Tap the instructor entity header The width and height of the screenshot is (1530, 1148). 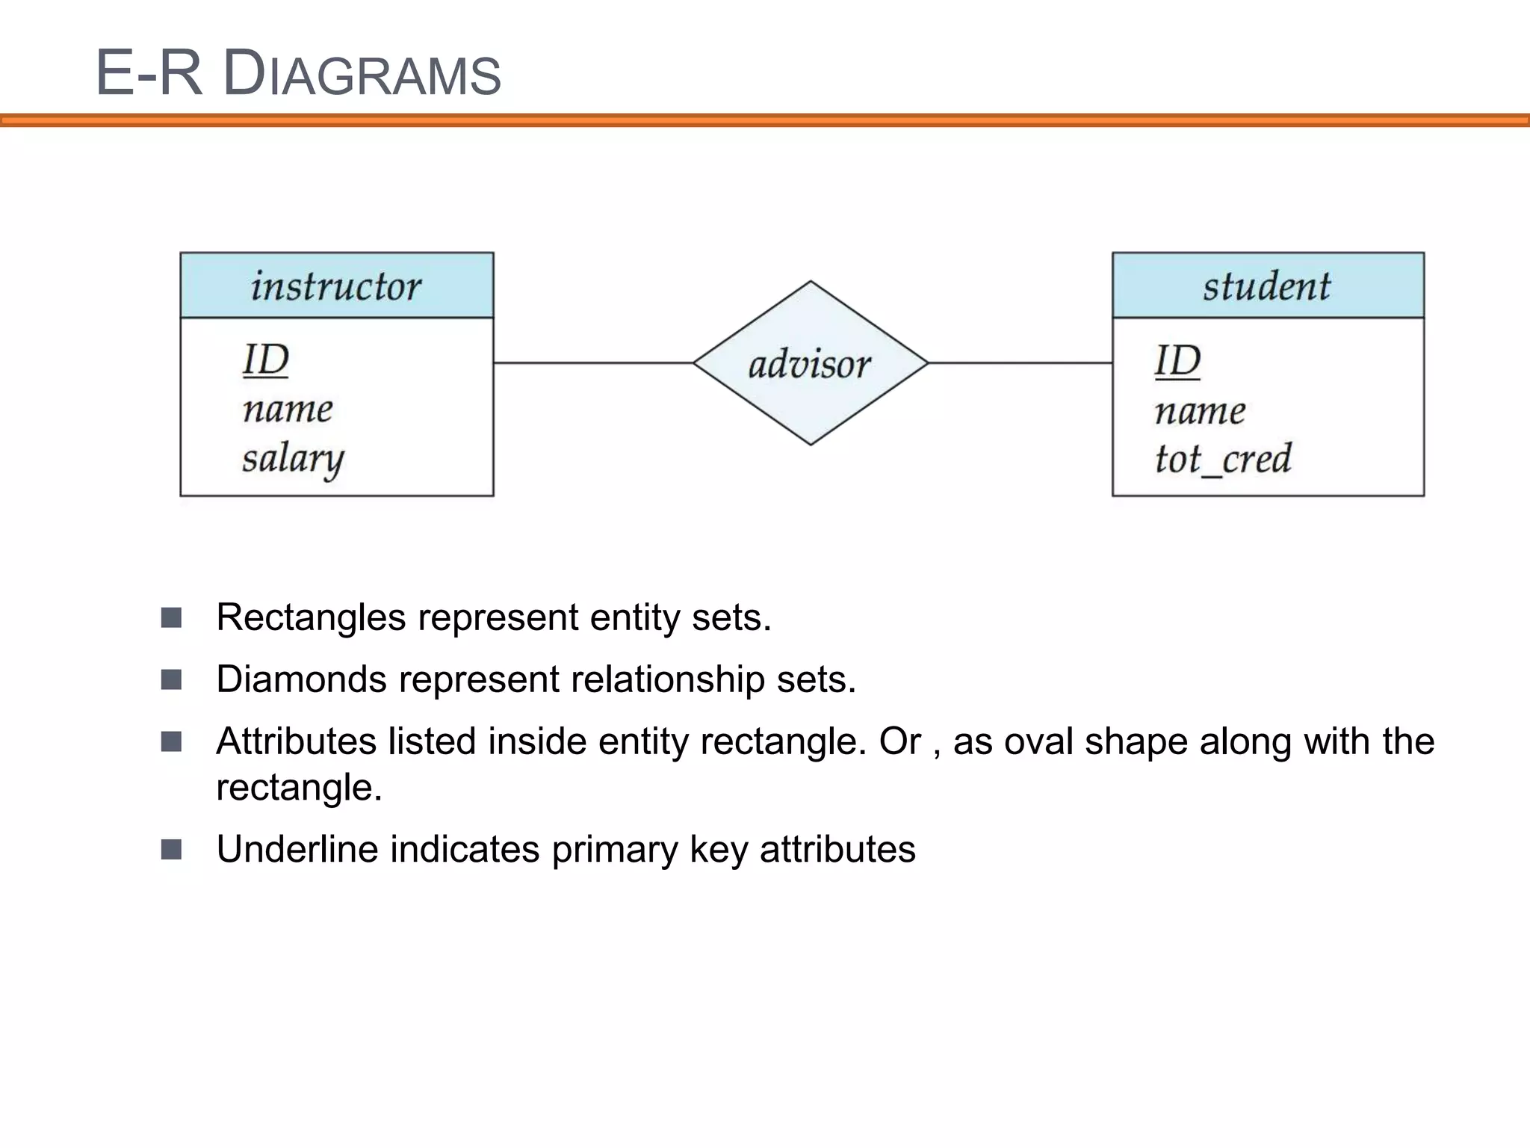tap(336, 286)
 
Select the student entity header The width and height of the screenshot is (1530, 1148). tap(1267, 286)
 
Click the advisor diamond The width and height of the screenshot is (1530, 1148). tap(810, 364)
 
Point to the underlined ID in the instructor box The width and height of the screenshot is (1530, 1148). tap(266, 360)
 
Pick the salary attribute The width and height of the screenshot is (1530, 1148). tap(293, 458)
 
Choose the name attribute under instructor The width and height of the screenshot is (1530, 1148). tap(288, 410)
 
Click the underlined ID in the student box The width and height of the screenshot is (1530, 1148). tap(1177, 362)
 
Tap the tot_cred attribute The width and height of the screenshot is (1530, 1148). tap(1223, 459)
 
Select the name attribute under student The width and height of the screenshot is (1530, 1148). tap(1200, 412)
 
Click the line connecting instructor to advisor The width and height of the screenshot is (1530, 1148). tap(593, 363)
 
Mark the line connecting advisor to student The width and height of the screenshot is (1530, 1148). tap(1020, 363)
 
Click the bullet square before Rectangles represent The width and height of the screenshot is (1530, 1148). tap(171, 617)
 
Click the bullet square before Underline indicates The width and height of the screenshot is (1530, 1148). tap(171, 850)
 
